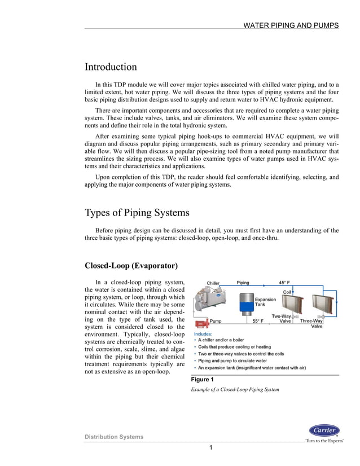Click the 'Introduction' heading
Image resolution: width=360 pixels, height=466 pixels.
pyautogui.click(x=111, y=67)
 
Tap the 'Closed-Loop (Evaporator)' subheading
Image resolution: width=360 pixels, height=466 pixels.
pyautogui.click(x=131, y=266)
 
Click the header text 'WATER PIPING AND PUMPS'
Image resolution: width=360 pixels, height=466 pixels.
pyautogui.click(x=291, y=25)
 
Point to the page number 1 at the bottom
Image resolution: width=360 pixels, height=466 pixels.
pyautogui.click(x=210, y=448)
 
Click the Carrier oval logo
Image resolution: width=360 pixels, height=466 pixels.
pyautogui.click(x=324, y=430)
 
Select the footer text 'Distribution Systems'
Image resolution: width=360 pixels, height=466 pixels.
pyautogui.click(x=114, y=437)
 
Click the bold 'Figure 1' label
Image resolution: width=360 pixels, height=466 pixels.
pyautogui.click(x=203, y=380)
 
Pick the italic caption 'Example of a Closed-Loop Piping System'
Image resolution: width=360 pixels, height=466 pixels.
pyautogui.click(x=235, y=390)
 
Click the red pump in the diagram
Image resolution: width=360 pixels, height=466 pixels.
pyautogui.click(x=199, y=325)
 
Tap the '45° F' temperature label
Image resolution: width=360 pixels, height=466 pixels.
pyautogui.click(x=285, y=283)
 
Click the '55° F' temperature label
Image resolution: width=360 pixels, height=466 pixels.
pyautogui.click(x=258, y=321)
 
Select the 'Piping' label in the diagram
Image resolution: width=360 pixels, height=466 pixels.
pyautogui.click(x=243, y=283)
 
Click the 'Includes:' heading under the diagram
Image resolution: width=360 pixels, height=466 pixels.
pyautogui.click(x=204, y=334)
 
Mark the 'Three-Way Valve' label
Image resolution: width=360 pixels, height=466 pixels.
pyautogui.click(x=311, y=323)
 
